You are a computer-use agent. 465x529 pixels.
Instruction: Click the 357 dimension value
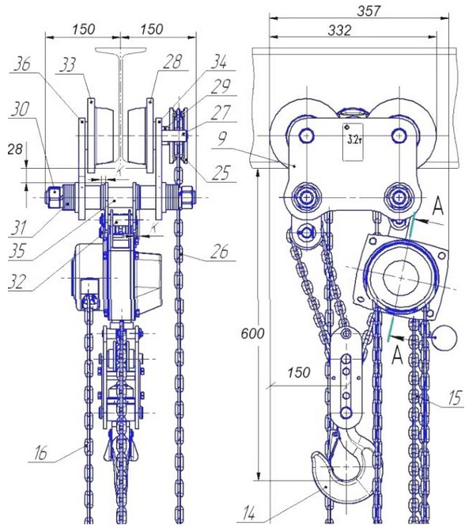click(x=369, y=11)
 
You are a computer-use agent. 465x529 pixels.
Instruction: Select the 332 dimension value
click(x=339, y=30)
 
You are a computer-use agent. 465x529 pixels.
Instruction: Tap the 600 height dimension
click(x=253, y=333)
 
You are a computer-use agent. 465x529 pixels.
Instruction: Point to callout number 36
click(x=22, y=64)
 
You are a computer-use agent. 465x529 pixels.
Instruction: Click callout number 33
click(x=68, y=65)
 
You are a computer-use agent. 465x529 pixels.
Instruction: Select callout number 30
click(x=21, y=109)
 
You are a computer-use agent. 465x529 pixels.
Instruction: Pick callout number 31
click(x=19, y=227)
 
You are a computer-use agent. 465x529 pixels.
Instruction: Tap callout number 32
click(x=17, y=282)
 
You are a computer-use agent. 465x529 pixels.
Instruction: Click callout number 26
click(x=219, y=251)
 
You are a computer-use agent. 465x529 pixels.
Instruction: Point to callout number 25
click(x=221, y=173)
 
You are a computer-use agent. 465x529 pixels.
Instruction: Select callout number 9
click(x=221, y=139)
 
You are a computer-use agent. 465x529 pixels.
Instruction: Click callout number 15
click(x=454, y=398)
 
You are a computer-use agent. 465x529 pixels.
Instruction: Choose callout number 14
click(x=248, y=515)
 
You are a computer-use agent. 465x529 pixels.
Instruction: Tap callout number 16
click(x=40, y=453)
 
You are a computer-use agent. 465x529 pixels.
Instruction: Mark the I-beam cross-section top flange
click(x=121, y=50)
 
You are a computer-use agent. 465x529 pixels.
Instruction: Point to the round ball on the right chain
click(x=446, y=337)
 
